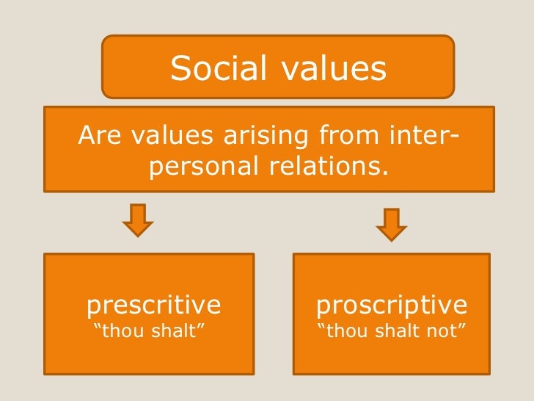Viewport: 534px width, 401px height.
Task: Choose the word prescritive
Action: click(x=154, y=304)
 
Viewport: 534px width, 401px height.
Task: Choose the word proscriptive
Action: click(x=391, y=304)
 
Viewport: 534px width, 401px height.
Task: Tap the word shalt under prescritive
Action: click(x=175, y=330)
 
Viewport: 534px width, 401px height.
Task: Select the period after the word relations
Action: click(x=382, y=175)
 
